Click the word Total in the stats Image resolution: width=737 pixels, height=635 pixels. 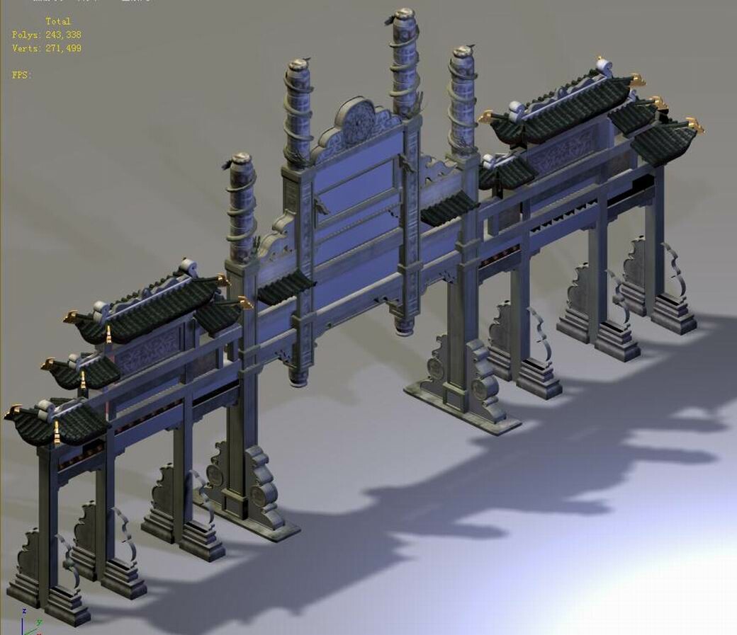pos(58,21)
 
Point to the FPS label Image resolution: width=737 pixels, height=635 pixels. pos(21,74)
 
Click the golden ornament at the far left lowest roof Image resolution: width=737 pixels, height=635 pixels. pos(13,412)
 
